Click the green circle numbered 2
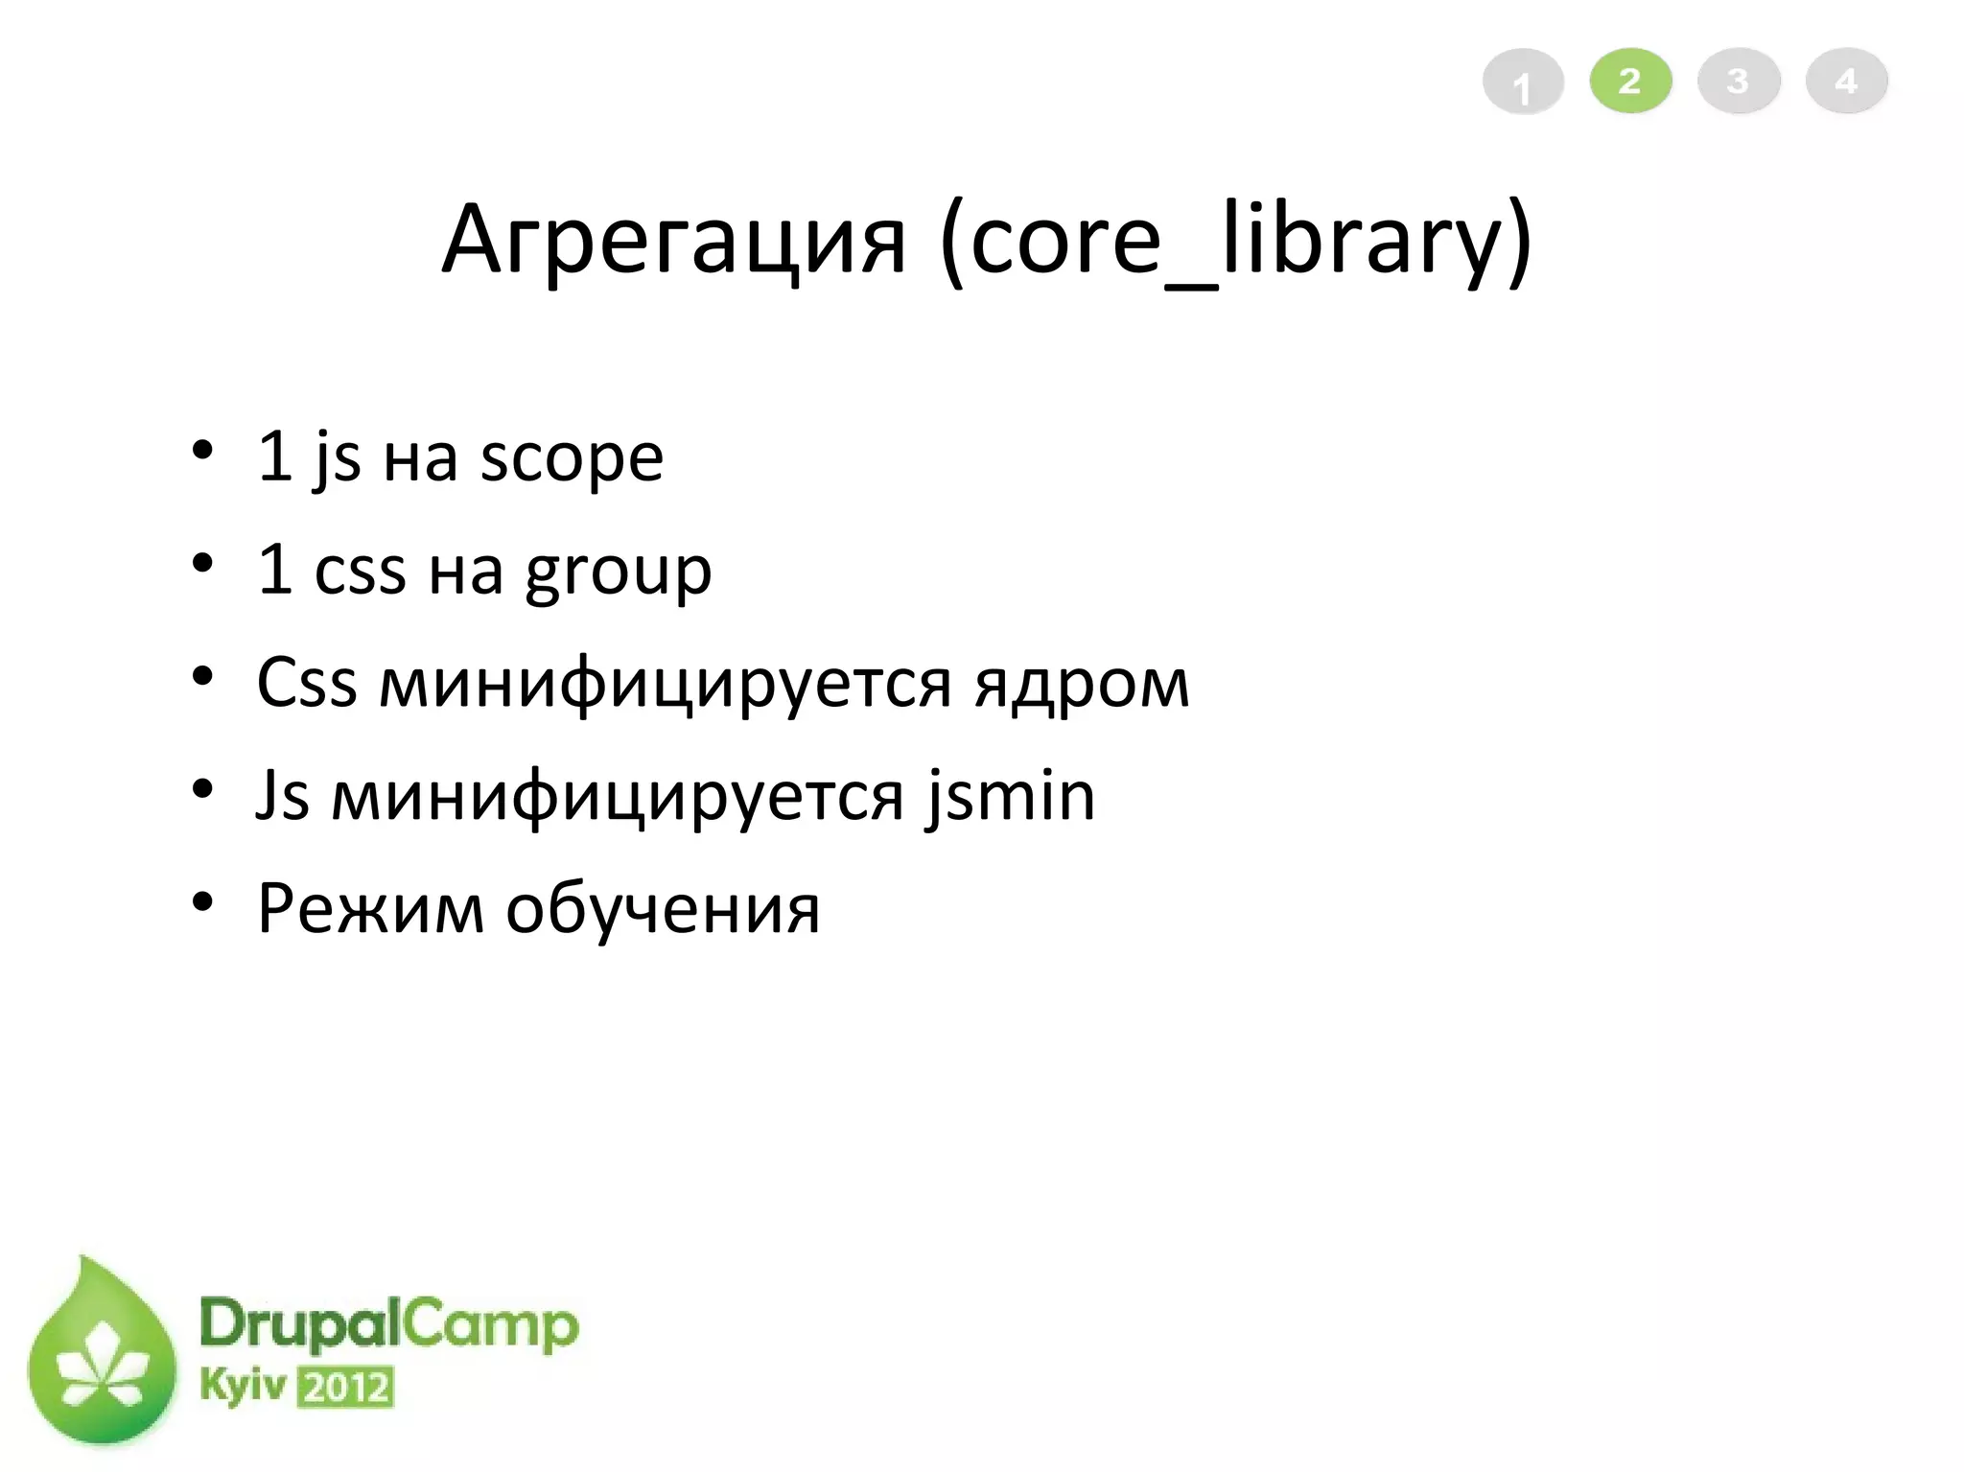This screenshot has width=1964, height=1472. click(1630, 81)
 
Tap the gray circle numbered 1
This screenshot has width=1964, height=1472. click(1523, 82)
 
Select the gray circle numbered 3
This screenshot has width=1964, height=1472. click(1739, 81)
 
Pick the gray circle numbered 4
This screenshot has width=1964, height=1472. click(1846, 81)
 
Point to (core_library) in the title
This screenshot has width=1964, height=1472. click(1236, 240)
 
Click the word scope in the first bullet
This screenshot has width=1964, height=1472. click(572, 457)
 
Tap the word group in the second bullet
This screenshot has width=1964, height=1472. click(619, 572)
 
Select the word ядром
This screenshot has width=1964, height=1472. click(1082, 684)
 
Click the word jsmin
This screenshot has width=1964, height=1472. click(1011, 796)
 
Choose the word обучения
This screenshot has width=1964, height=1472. click(663, 909)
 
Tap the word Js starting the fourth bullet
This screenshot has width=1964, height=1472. click(283, 796)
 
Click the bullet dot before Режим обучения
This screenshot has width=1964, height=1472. click(201, 902)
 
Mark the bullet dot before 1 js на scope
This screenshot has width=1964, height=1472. click(201, 451)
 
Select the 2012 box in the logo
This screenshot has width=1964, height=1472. click(346, 1388)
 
